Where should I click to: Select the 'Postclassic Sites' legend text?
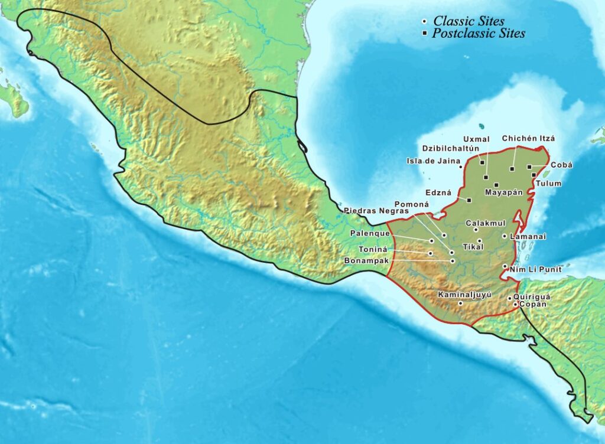coord(478,34)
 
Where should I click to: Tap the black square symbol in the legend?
coord(425,34)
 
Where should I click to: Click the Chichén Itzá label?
coord(528,139)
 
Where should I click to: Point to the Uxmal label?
coord(477,139)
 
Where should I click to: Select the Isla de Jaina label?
coord(432,161)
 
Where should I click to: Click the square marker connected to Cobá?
coord(529,167)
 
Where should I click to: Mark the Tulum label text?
coord(549,184)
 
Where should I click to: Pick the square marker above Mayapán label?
coord(496,185)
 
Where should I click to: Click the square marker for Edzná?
coord(469,200)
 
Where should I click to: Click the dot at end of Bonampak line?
coord(453,260)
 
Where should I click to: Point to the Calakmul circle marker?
coord(476,230)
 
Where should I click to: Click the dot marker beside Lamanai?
coord(504,236)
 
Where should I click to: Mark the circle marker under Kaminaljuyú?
coord(460,303)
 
